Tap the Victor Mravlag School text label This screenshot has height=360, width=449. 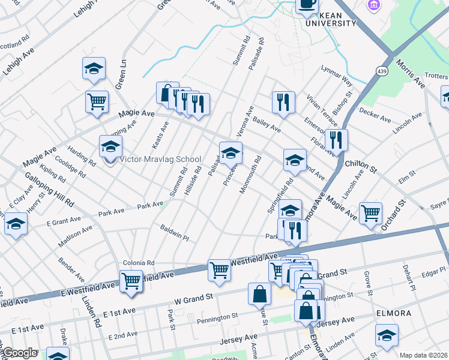coord(160,160)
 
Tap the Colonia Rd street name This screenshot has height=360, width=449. coord(139,263)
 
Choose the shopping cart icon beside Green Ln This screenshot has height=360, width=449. coord(97,101)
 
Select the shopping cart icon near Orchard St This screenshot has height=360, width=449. coord(370,212)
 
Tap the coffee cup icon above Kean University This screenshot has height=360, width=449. coord(307,5)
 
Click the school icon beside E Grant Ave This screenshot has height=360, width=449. coord(16,224)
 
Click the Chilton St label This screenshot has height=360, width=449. coord(360,166)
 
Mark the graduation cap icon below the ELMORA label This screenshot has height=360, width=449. coord(387,336)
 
